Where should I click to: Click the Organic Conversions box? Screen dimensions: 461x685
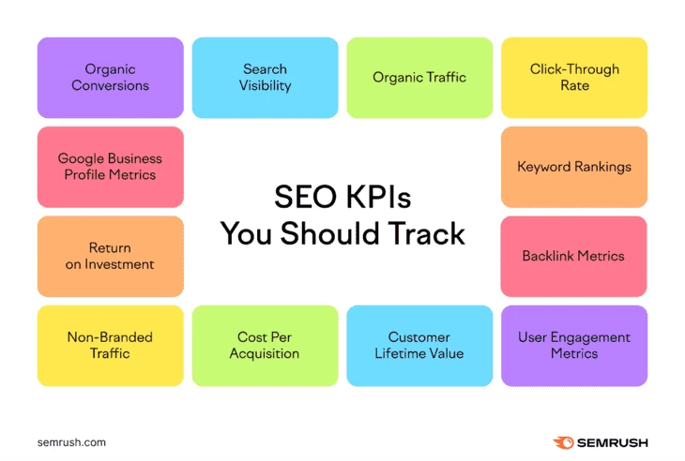click(x=110, y=78)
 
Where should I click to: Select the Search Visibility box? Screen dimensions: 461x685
click(x=265, y=78)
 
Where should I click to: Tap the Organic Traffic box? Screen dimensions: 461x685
click(x=419, y=78)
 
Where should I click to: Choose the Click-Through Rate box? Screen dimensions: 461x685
click(x=574, y=78)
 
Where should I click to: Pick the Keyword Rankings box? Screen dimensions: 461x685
click(x=574, y=167)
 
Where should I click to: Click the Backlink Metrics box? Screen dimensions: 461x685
click(x=574, y=256)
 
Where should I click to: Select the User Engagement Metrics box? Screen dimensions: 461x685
click(x=574, y=346)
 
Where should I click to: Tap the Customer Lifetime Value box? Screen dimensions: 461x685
click(x=419, y=346)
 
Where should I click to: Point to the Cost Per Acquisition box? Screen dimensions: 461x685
click(x=265, y=346)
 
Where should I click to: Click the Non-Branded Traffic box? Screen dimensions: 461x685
click(x=110, y=346)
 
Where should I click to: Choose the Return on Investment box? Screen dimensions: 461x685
click(x=110, y=256)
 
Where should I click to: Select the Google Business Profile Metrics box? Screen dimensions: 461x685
click(x=110, y=167)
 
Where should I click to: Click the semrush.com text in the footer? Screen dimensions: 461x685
click(x=71, y=442)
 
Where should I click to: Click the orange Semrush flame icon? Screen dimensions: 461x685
click(x=565, y=442)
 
